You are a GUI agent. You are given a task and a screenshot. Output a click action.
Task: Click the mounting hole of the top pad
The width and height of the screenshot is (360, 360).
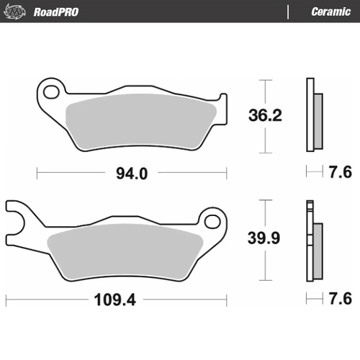click(50, 92)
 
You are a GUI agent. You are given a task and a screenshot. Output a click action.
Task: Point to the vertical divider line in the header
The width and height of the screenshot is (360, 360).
click(288, 12)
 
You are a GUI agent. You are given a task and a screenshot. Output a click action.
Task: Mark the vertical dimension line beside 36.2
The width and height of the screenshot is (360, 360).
click(266, 115)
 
